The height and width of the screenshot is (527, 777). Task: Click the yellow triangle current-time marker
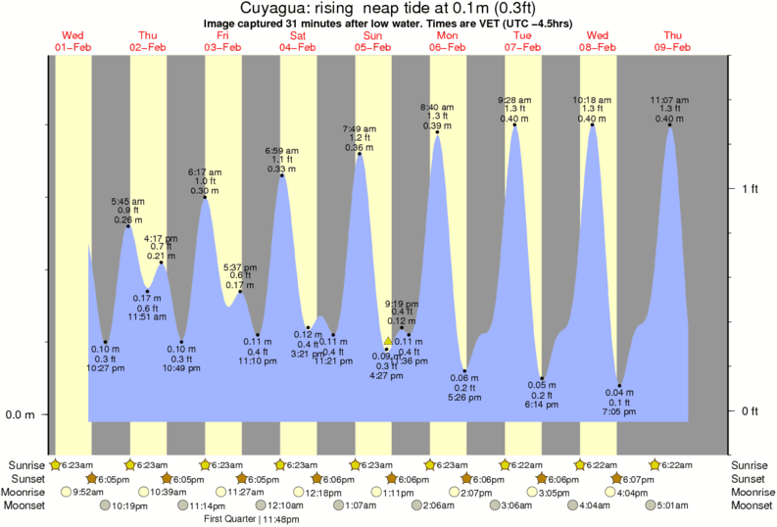pyautogui.click(x=387, y=341)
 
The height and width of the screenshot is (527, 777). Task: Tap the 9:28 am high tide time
pyautogui.click(x=514, y=99)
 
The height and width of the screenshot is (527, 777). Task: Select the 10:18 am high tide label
pyautogui.click(x=592, y=99)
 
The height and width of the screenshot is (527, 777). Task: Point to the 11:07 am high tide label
pyautogui.click(x=669, y=99)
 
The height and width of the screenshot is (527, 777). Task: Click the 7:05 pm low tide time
pyautogui.click(x=619, y=412)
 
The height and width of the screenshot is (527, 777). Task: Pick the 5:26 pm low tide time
pyautogui.click(x=463, y=397)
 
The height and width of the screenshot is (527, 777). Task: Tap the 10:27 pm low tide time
pyautogui.click(x=105, y=368)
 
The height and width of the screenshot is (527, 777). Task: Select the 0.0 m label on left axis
pyautogui.click(x=21, y=414)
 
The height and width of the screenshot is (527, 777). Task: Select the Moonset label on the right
pyautogui.click(x=753, y=505)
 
